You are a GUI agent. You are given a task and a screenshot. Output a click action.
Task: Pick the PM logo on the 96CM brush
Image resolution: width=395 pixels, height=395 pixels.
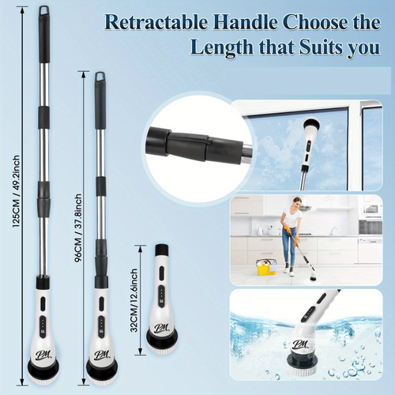tap(100, 353)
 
